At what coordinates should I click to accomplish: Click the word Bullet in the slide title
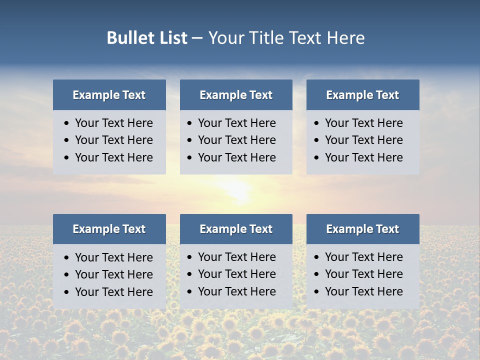pos(127,38)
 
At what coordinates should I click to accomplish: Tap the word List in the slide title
pos(171,38)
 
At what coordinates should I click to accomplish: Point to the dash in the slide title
pos(197,38)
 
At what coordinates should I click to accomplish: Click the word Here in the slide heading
pos(345,38)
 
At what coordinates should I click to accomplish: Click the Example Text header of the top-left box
pos(109,95)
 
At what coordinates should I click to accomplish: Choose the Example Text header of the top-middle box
pos(236,95)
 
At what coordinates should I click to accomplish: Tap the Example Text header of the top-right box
pos(362,95)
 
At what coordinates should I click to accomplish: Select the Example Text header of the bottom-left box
pos(109,229)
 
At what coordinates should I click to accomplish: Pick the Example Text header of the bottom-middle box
pos(236,229)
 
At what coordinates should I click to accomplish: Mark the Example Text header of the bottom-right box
pos(362,229)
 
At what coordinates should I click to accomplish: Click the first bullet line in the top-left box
pos(114,123)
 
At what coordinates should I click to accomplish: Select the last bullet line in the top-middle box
pos(237,157)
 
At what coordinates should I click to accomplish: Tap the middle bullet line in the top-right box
pos(363,140)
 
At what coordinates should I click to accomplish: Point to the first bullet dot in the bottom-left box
pos(66,258)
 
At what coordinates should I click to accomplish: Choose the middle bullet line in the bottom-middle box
pos(237,274)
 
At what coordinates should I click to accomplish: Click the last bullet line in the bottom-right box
pos(363,291)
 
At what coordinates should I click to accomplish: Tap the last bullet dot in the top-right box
pos(316,158)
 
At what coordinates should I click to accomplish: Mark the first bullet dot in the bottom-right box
pos(316,257)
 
